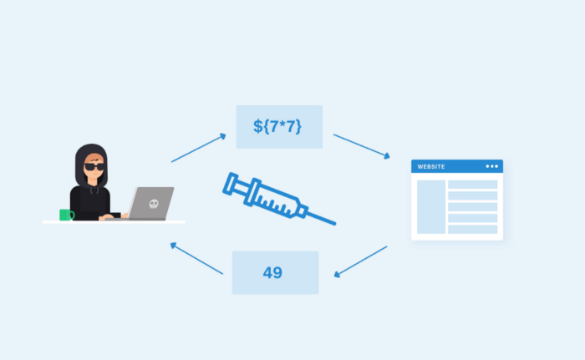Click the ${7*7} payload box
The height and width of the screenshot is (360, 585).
pyautogui.click(x=279, y=127)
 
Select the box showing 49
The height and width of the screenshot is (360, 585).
pyautogui.click(x=275, y=272)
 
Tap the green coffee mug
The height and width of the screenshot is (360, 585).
pyautogui.click(x=67, y=215)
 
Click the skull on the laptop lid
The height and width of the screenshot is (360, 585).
pyautogui.click(x=154, y=204)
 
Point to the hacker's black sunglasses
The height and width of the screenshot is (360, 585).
pyautogui.click(x=94, y=166)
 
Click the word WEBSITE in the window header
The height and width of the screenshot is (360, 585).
pyautogui.click(x=431, y=167)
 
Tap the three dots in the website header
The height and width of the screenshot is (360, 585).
pyautogui.click(x=491, y=166)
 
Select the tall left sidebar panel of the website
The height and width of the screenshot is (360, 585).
pyautogui.click(x=431, y=207)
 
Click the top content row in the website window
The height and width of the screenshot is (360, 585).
pyautogui.click(x=473, y=185)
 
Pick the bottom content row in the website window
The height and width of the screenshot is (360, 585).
pyautogui.click(x=473, y=230)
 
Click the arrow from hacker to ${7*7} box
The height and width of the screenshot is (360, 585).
pyautogui.click(x=199, y=148)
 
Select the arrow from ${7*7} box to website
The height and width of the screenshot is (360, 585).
pyautogui.click(x=362, y=146)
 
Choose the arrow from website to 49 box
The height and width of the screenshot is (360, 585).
pyautogui.click(x=360, y=261)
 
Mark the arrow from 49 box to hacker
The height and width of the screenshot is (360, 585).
pyautogui.click(x=196, y=259)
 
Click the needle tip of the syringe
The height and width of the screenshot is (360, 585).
pyautogui.click(x=335, y=224)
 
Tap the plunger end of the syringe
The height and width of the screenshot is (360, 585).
pyautogui.click(x=230, y=184)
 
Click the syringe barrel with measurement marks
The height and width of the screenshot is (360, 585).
pyautogui.click(x=275, y=200)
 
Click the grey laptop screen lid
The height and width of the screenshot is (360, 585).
pyautogui.click(x=152, y=203)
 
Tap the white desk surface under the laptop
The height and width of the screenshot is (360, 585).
pyautogui.click(x=114, y=222)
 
